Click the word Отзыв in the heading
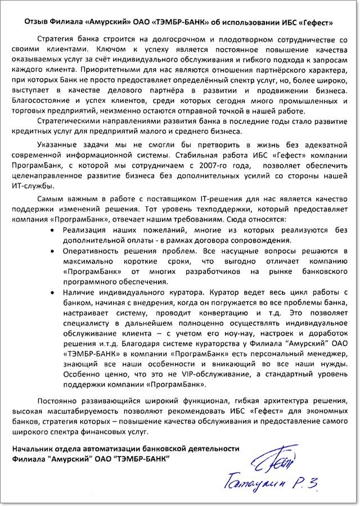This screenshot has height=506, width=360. tap(38, 24)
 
